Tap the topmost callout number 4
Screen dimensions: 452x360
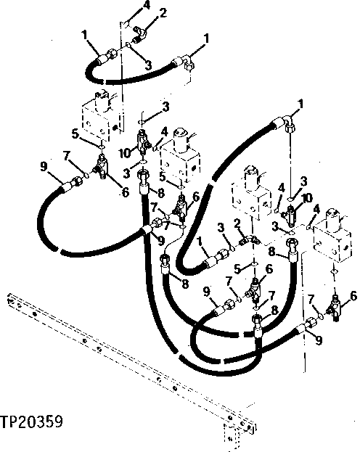pyautogui.click(x=146, y=5)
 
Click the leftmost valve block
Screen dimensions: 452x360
pyautogui.click(x=97, y=117)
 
